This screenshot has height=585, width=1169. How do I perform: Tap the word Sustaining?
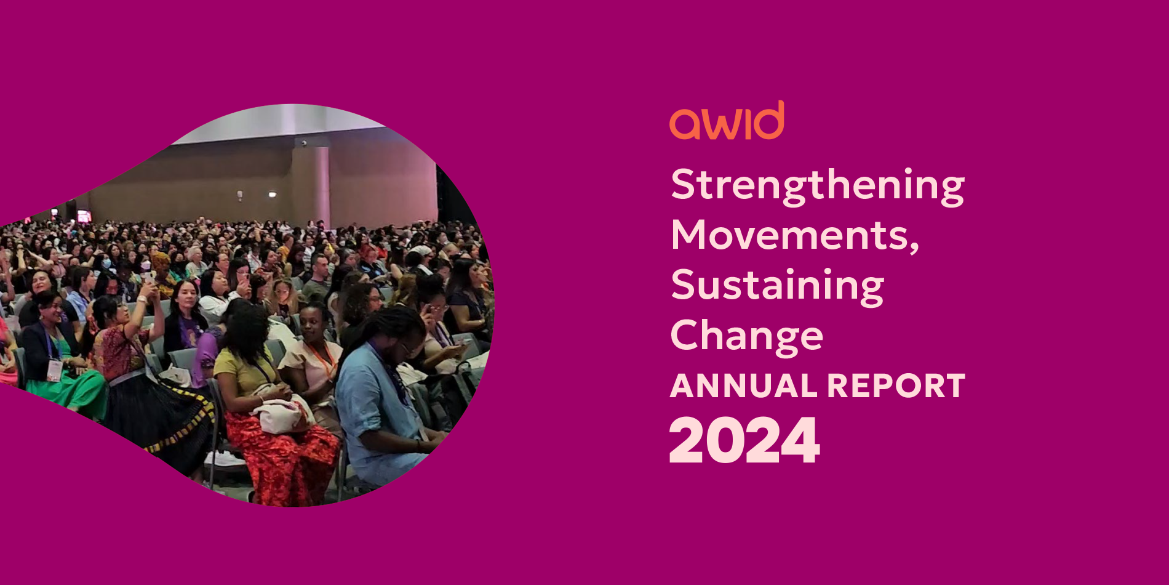coord(777,286)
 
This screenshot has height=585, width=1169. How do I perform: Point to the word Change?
coord(747,336)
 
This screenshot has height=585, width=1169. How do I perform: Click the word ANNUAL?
coord(744,386)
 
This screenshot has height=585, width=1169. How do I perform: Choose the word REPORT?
coord(896,386)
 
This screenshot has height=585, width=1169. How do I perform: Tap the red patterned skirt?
coord(283,456)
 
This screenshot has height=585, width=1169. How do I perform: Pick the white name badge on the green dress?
coord(55,370)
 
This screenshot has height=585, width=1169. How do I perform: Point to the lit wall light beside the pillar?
coord(272,195)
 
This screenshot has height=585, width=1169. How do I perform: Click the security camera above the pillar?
coord(303,143)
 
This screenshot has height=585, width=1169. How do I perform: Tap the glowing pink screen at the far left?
coord(84,216)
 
